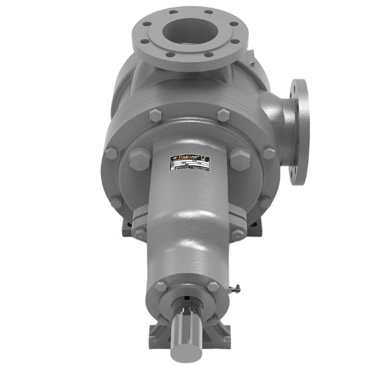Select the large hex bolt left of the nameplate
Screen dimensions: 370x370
(138, 159)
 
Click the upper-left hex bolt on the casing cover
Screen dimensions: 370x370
(154, 115)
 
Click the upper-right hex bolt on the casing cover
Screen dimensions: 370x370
(223, 115)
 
